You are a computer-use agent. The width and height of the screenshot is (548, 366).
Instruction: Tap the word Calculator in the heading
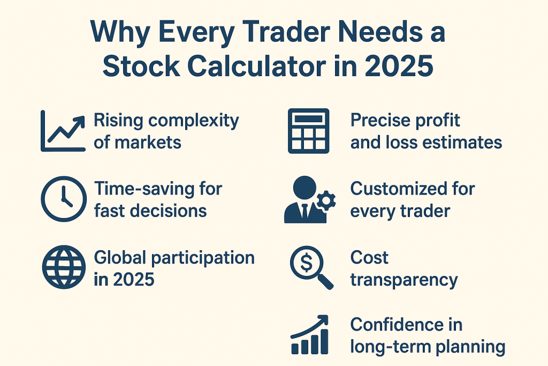pyautogui.click(x=256, y=66)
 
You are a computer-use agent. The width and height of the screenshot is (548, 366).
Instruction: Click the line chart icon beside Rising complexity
pyautogui.click(x=63, y=131)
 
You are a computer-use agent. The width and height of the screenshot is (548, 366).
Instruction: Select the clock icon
pyautogui.click(x=64, y=199)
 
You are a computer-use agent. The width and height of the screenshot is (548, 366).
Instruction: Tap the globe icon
pyautogui.click(x=64, y=267)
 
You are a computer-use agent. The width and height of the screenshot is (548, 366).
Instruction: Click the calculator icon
pyautogui.click(x=309, y=131)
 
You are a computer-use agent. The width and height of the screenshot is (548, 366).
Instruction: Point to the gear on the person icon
pyautogui.click(x=326, y=201)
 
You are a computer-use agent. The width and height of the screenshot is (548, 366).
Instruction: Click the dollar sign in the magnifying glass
pyautogui.click(x=307, y=263)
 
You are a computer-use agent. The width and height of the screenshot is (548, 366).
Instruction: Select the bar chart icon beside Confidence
pyautogui.click(x=310, y=334)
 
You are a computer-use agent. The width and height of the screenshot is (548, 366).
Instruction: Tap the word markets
pyautogui.click(x=148, y=143)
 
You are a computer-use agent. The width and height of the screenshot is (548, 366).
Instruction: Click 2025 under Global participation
pyautogui.click(x=134, y=279)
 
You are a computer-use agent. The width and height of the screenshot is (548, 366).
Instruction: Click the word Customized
pyautogui.click(x=398, y=189)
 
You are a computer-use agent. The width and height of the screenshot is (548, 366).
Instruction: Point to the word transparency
pyautogui.click(x=404, y=280)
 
